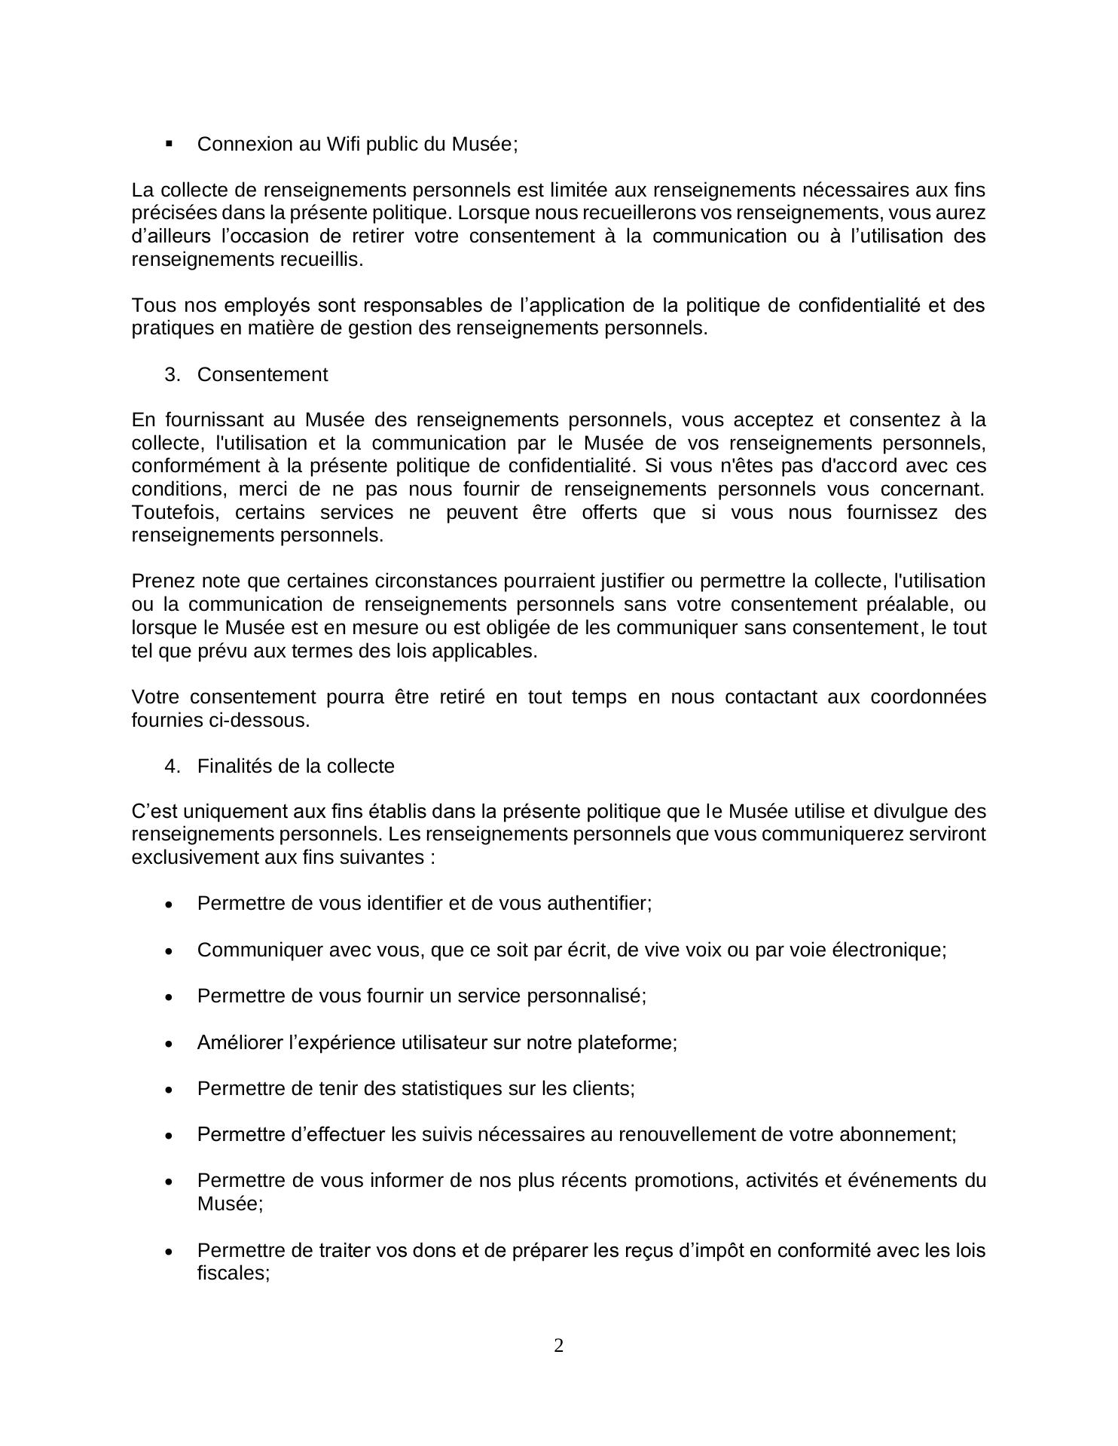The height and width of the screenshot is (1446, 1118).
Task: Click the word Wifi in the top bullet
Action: (x=344, y=144)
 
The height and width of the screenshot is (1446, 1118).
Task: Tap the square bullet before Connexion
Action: (x=169, y=143)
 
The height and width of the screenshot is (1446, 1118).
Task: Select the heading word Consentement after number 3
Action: (x=262, y=374)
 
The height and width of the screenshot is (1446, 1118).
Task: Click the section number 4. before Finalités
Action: (x=173, y=766)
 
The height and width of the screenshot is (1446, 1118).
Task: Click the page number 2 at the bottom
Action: (x=559, y=1345)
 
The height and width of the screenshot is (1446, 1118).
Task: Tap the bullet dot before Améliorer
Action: (x=170, y=1044)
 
